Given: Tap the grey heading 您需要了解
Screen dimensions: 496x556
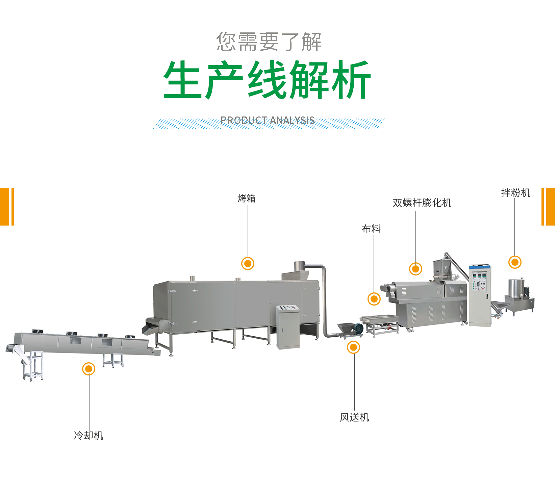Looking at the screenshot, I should click(269, 42).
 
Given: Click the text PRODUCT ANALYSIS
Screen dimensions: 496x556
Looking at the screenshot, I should click(268, 121).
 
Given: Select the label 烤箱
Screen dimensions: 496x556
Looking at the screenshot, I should click(247, 199).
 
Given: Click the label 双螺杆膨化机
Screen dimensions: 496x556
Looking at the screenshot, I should click(422, 203).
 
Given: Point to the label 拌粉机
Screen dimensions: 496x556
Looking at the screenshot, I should click(515, 193).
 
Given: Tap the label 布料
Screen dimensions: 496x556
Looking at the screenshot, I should click(371, 229).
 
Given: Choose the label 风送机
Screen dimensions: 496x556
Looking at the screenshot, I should click(354, 418).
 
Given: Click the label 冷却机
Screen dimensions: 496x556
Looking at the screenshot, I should click(89, 436).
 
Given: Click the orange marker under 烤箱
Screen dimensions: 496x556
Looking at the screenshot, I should click(248, 263).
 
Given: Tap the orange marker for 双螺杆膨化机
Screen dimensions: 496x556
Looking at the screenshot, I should click(415, 269).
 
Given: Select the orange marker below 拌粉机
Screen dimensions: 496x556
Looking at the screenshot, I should click(515, 262).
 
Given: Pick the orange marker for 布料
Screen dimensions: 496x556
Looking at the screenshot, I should click(374, 299).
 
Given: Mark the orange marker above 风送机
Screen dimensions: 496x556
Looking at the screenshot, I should click(353, 347).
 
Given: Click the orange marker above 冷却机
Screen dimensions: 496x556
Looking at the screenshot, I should click(89, 369).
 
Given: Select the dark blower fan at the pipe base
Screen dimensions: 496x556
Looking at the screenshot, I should click(358, 329).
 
